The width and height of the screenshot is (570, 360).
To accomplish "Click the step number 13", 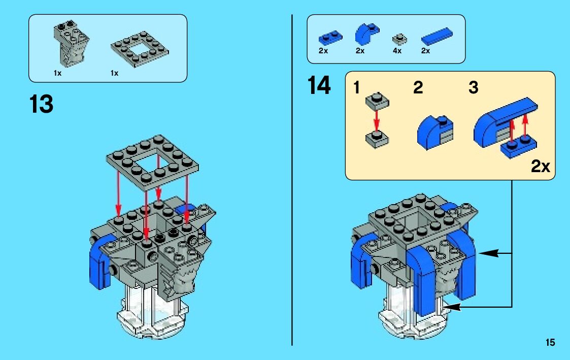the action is tap(42, 104).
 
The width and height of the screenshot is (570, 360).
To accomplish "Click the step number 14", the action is tap(319, 85).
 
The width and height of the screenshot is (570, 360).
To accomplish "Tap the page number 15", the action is tap(550, 342).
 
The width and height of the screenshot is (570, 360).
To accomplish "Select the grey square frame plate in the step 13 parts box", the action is tap(140, 49).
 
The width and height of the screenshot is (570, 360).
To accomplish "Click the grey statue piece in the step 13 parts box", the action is tap(71, 43).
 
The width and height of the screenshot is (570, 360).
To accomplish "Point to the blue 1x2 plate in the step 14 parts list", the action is tap(330, 37).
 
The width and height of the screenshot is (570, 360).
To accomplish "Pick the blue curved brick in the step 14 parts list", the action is tap(366, 34).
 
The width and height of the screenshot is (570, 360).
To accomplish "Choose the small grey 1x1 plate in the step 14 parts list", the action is tap(399, 39).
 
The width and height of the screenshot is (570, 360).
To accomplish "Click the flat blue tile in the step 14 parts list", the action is tap(437, 37).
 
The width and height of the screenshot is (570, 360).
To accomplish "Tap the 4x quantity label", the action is tap(397, 51).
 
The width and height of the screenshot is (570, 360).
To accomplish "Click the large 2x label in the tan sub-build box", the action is tap(541, 166).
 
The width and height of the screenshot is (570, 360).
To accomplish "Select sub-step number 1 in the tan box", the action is tap(356, 88).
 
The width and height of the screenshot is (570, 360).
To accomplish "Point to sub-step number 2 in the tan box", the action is tap(418, 88).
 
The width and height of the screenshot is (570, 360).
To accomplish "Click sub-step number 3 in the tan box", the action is tap(473, 88).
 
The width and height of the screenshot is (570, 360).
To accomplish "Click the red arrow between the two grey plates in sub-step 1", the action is tap(377, 119).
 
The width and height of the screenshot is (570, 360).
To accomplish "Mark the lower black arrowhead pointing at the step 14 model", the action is tap(452, 307).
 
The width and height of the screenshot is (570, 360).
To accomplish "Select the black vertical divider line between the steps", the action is tap(292, 180).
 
